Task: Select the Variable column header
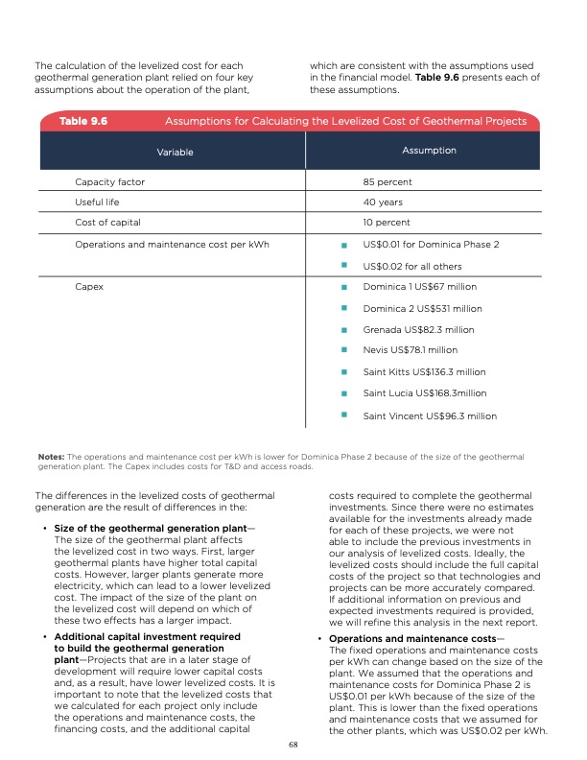[175, 152]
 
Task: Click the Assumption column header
[431, 151]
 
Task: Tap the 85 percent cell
[387, 180]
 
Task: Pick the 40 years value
[383, 202]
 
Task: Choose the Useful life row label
[102, 202]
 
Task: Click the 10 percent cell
[387, 224]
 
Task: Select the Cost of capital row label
[107, 224]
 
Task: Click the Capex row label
[89, 286]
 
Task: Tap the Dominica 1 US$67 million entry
[420, 286]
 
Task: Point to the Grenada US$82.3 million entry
[418, 329]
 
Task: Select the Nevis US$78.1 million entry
[411, 350]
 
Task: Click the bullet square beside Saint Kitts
[342, 371]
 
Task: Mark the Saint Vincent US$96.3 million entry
[430, 416]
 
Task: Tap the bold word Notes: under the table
[50, 457]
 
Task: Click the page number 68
[293, 743]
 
